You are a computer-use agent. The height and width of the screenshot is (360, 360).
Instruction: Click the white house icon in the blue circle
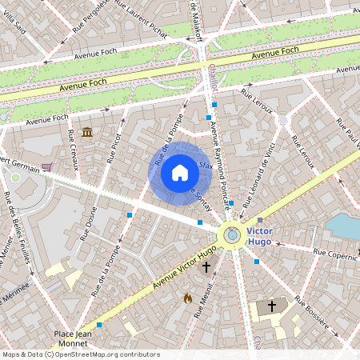179,173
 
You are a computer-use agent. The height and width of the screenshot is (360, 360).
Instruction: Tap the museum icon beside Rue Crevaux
86,131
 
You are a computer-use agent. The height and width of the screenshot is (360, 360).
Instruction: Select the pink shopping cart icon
47,166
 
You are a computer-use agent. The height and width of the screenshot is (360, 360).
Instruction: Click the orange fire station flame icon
187,298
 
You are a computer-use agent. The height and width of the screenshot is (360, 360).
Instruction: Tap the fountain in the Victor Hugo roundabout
232,234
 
